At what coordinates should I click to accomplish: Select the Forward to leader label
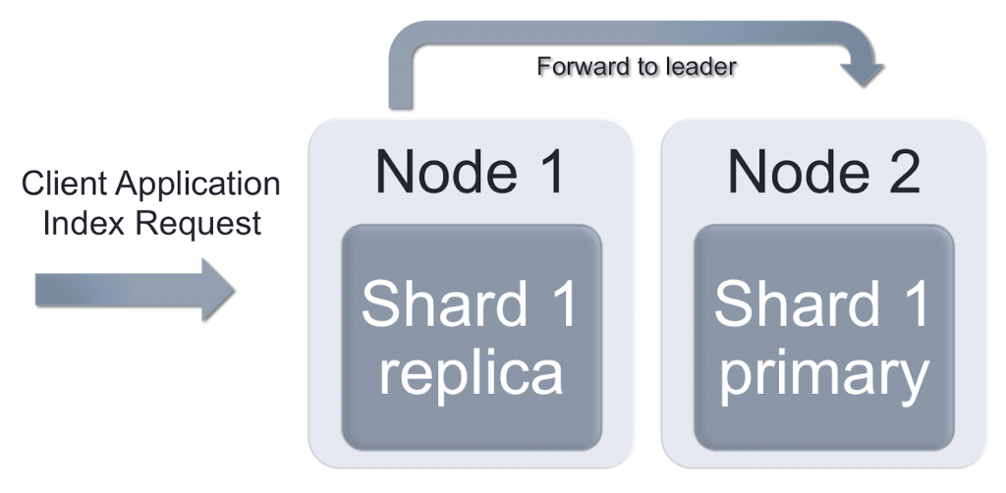pos(636,68)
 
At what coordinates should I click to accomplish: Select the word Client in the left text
pos(64,184)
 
